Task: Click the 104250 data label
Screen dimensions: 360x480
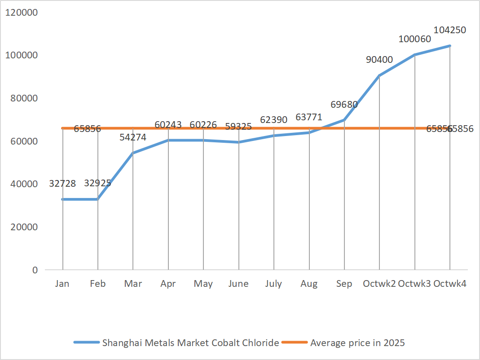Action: pos(449,30)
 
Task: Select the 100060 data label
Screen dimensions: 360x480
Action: pos(414,39)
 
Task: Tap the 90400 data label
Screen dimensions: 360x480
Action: pos(379,60)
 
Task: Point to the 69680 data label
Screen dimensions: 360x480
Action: pos(344,105)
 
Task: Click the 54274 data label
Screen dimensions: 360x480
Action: pos(133,137)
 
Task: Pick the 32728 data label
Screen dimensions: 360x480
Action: pos(62,183)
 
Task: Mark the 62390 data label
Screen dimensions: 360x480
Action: pos(274,120)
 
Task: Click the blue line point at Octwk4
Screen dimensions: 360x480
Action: pos(449,46)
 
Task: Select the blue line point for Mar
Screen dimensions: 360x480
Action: pos(133,153)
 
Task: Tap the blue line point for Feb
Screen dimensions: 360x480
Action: pos(98,199)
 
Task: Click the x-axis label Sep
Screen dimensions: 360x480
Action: pos(344,284)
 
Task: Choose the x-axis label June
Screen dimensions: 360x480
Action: pos(238,284)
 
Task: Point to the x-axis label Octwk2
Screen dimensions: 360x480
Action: pos(379,284)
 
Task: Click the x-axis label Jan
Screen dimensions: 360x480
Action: pos(62,284)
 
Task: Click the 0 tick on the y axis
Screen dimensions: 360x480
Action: pos(35,270)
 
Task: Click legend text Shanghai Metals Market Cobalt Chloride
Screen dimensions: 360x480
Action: pos(191,343)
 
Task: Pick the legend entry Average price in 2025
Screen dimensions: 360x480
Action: pos(357,343)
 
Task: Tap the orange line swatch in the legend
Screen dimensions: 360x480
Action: pos(295,343)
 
